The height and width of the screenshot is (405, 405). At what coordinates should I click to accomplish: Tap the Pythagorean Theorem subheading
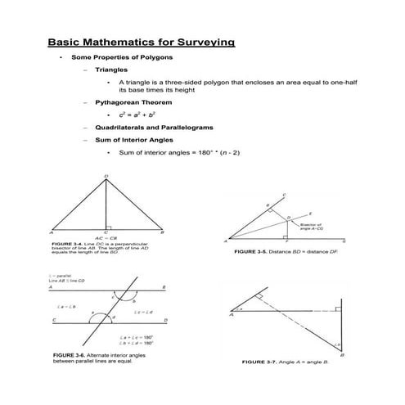pos(133,103)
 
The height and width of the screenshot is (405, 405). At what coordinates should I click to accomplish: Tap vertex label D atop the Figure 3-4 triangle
pos(106,177)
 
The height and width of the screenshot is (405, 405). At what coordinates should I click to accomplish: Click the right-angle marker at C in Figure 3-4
pos(109,229)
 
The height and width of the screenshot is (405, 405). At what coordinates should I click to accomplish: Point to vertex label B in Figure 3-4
pos(163,233)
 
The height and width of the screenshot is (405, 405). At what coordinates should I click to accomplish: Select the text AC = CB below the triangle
pos(105,240)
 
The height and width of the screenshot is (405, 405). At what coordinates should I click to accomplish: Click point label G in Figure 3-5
pos(344,241)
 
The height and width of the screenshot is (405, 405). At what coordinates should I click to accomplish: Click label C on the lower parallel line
pos(54,320)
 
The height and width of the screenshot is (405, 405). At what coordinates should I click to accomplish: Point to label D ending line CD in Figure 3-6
pos(166,320)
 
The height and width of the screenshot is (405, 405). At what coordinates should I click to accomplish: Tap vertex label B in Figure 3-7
pos(341,354)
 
